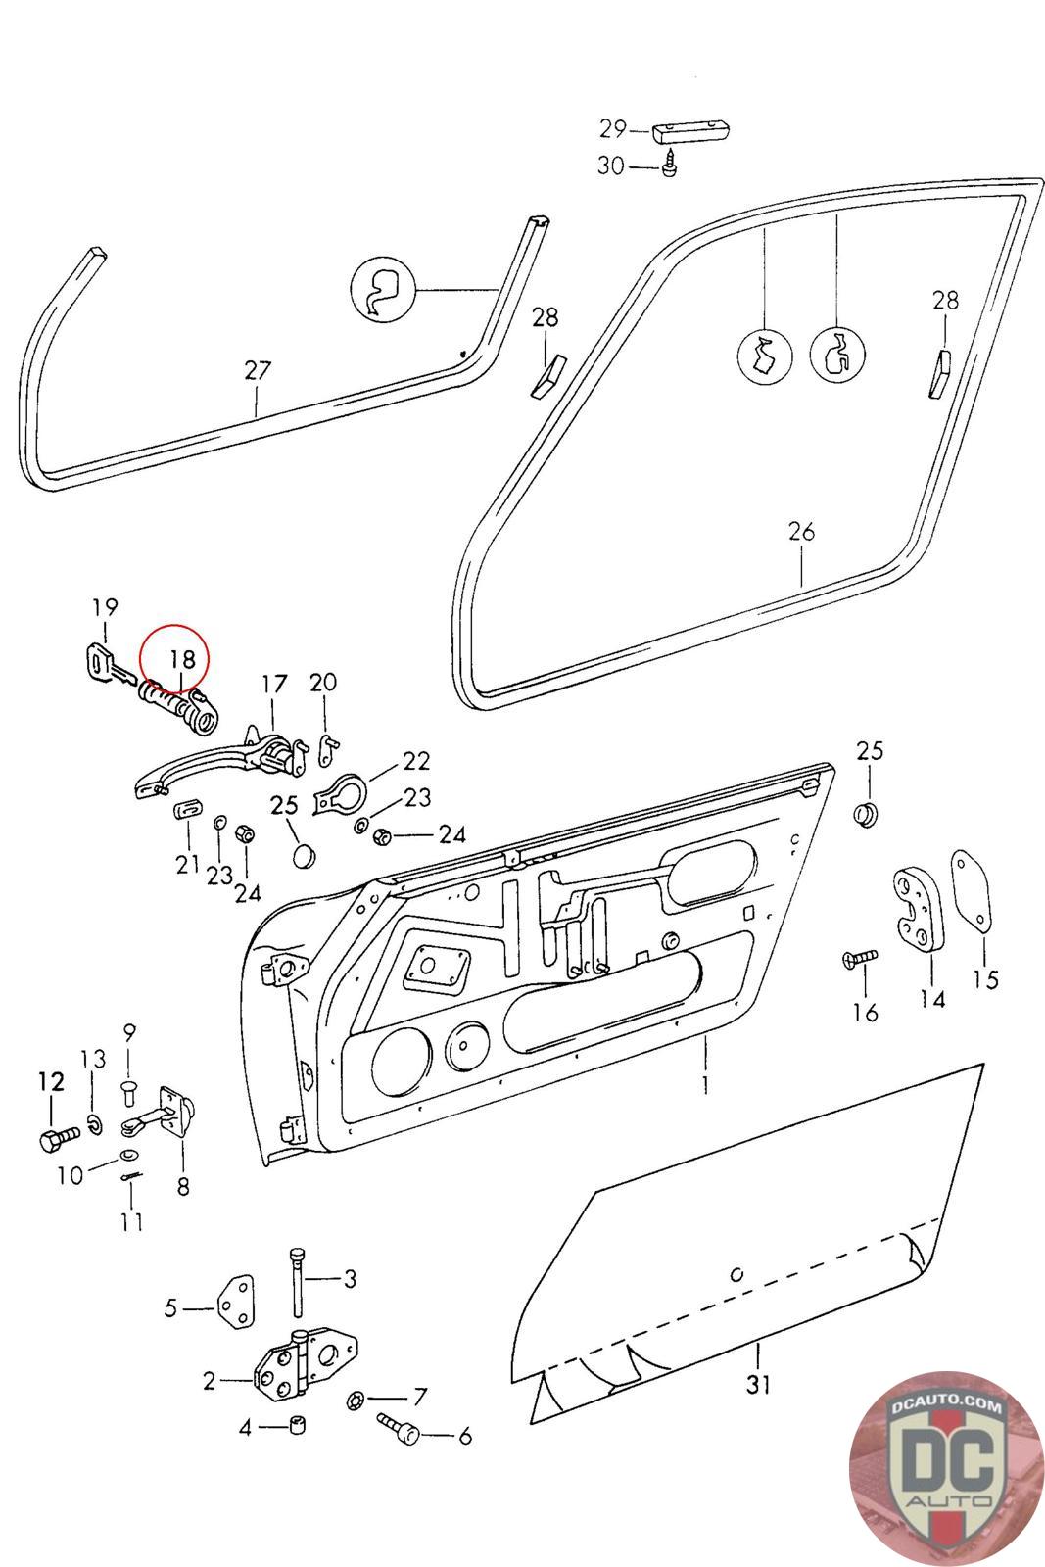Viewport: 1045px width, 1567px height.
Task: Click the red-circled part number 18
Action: pyautogui.click(x=181, y=659)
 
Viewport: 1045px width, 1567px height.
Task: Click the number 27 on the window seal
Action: pyautogui.click(x=258, y=370)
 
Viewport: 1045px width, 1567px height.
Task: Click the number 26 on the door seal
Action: pyautogui.click(x=801, y=532)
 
